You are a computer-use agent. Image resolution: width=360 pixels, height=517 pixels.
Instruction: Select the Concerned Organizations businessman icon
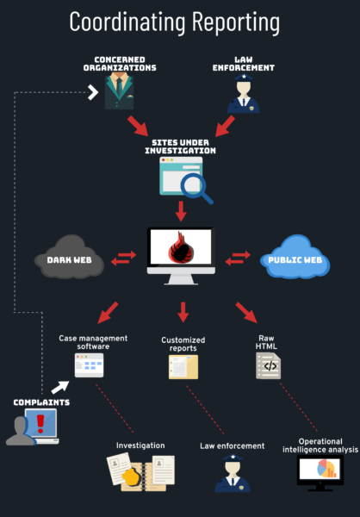pyautogui.click(x=120, y=91)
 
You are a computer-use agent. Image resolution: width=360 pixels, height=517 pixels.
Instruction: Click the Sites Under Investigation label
pyautogui.click(x=180, y=146)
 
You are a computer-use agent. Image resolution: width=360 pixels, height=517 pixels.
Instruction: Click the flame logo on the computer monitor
pyautogui.click(x=181, y=252)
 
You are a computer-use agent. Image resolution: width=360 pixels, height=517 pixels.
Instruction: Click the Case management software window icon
pyautogui.click(x=89, y=365)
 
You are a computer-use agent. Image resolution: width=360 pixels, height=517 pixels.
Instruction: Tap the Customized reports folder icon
pyautogui.click(x=183, y=367)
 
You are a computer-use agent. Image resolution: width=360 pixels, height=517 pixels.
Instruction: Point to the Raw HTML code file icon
pyautogui.click(x=268, y=366)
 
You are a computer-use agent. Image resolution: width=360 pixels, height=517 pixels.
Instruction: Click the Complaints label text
pyautogui.click(x=40, y=402)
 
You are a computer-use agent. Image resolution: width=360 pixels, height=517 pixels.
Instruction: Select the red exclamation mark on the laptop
pyautogui.click(x=40, y=424)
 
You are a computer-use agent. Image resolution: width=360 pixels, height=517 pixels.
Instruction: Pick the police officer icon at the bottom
pyautogui.click(x=231, y=473)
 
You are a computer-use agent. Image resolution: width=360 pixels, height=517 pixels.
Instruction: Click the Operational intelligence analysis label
pyautogui.click(x=320, y=445)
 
